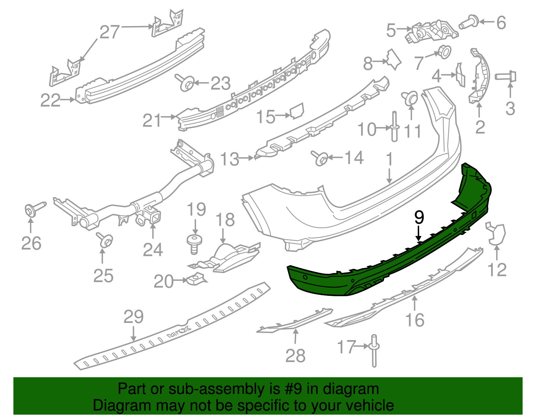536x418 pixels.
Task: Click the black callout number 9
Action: [419, 218]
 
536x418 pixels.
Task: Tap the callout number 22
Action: [50, 100]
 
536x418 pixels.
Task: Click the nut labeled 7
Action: [444, 52]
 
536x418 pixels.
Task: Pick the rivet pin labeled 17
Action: [374, 351]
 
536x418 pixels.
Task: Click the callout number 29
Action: [133, 317]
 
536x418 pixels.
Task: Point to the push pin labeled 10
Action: [394, 127]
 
